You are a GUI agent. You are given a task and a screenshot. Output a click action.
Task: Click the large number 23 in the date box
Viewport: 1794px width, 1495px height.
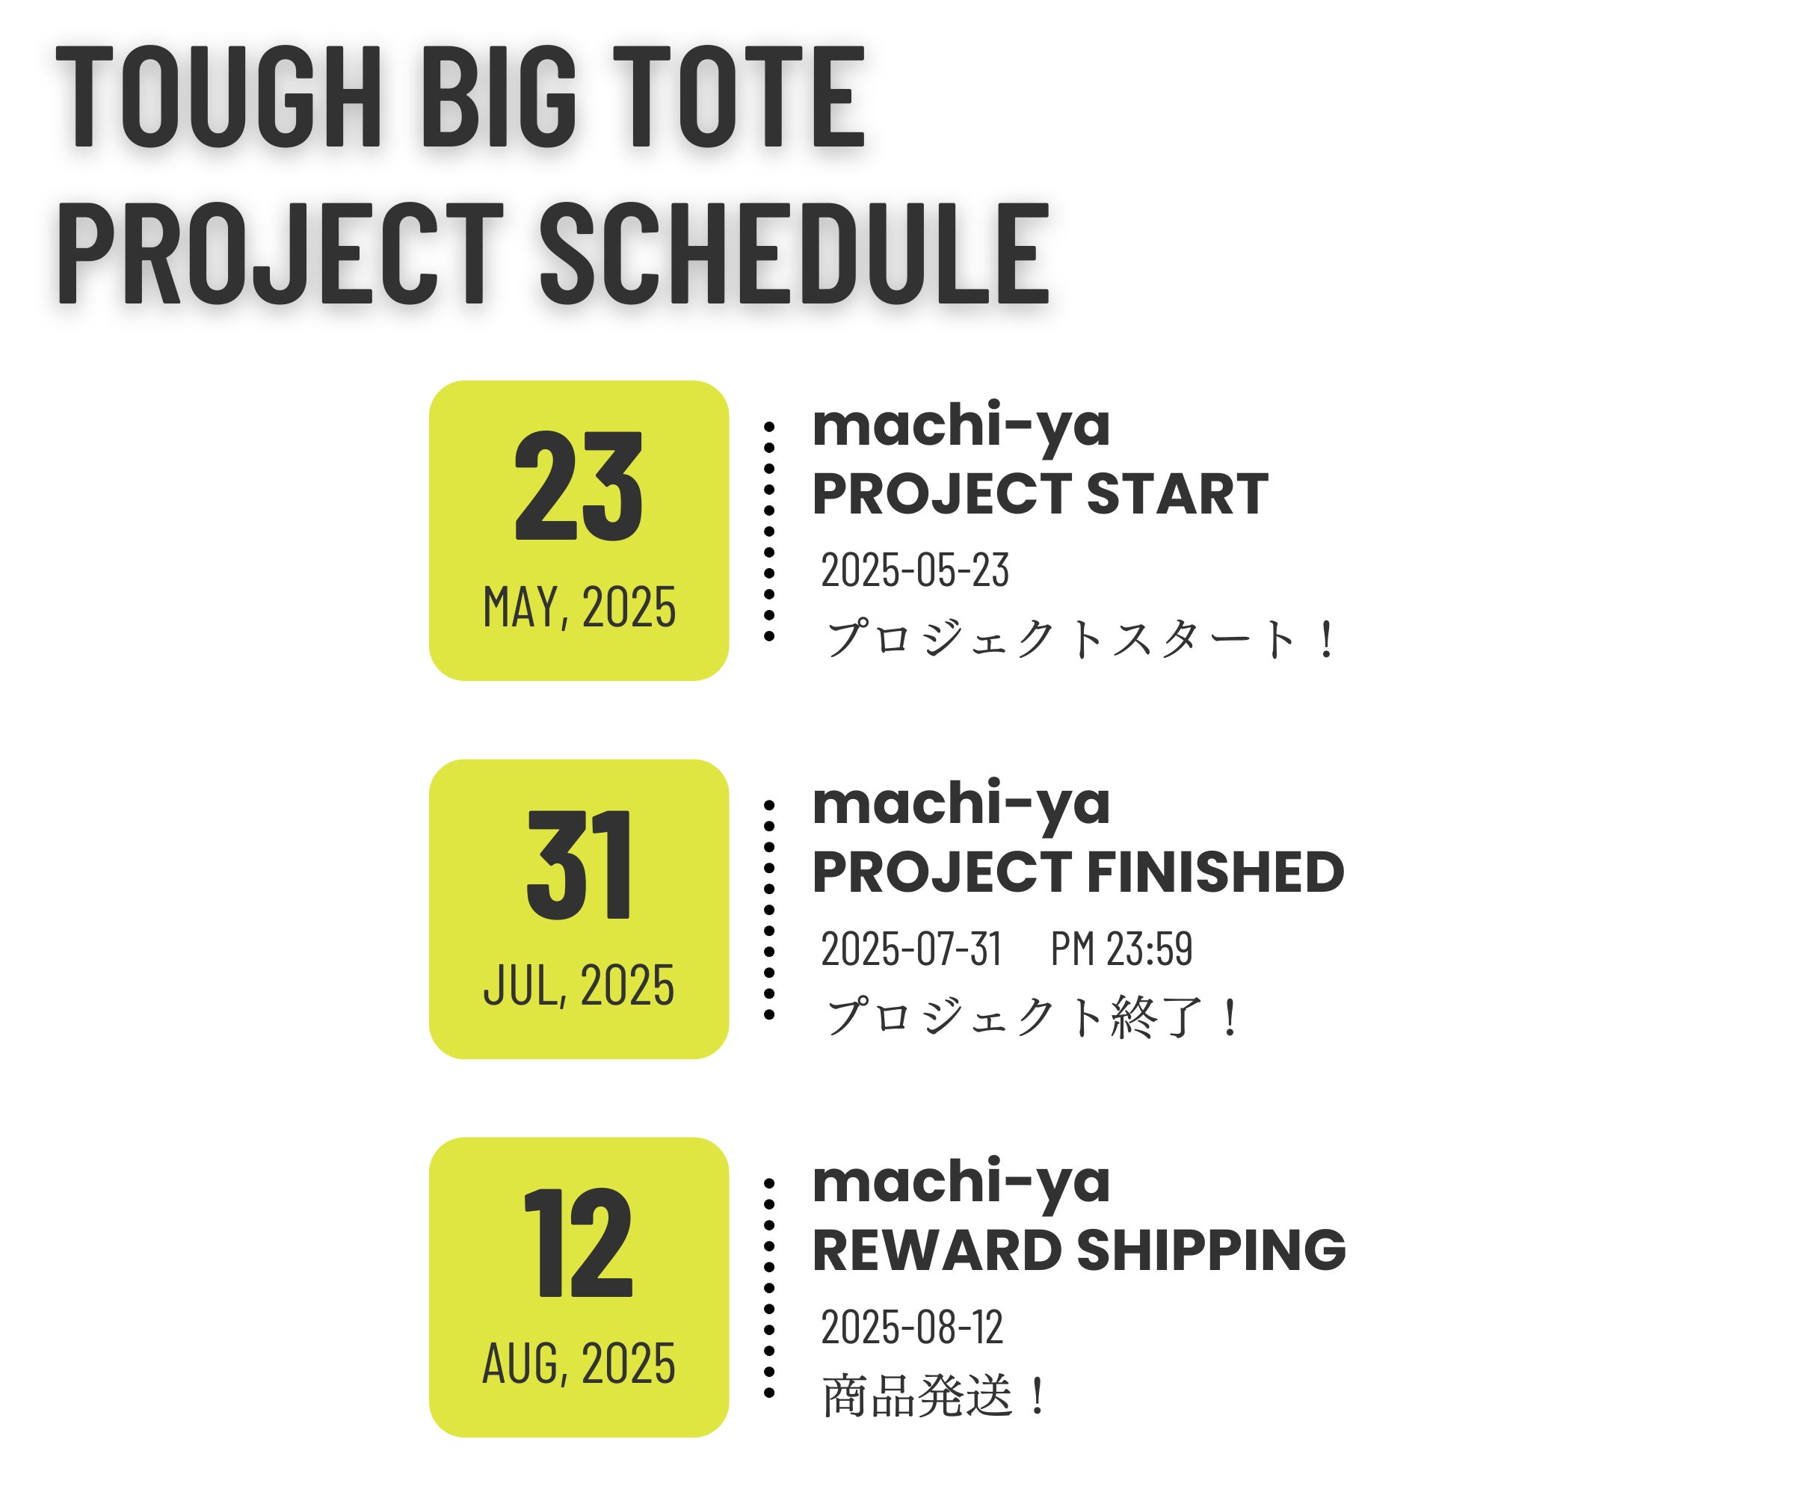tap(579, 486)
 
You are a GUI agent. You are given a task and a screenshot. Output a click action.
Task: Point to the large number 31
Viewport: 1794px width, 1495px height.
tap(579, 865)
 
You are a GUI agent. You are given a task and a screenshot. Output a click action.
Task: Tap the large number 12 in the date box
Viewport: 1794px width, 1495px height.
tap(579, 1242)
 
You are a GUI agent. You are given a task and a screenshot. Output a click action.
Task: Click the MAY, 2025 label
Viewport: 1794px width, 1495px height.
tap(579, 608)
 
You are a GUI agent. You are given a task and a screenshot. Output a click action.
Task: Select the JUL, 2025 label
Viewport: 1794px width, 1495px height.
tap(579, 985)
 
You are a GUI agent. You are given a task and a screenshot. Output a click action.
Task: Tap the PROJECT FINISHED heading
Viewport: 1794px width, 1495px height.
tap(1078, 872)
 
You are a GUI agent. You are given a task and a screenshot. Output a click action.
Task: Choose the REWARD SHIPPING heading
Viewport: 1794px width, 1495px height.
tap(1079, 1250)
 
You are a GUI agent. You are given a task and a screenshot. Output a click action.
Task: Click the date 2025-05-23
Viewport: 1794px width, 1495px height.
tap(915, 570)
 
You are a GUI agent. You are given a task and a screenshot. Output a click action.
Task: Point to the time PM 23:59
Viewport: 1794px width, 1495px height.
tap(1121, 949)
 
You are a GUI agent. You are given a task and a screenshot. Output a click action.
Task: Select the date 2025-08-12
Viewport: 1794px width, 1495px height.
tap(911, 1327)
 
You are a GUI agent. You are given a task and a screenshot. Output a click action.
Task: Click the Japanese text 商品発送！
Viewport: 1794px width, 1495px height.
tap(934, 1397)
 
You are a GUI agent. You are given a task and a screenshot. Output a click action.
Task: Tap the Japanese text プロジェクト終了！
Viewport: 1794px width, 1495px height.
tap(1032, 1017)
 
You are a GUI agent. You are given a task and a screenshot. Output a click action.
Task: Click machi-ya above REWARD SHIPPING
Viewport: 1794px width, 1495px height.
tap(961, 1183)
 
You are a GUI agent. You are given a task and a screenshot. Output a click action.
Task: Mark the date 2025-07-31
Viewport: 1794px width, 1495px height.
tap(910, 949)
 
